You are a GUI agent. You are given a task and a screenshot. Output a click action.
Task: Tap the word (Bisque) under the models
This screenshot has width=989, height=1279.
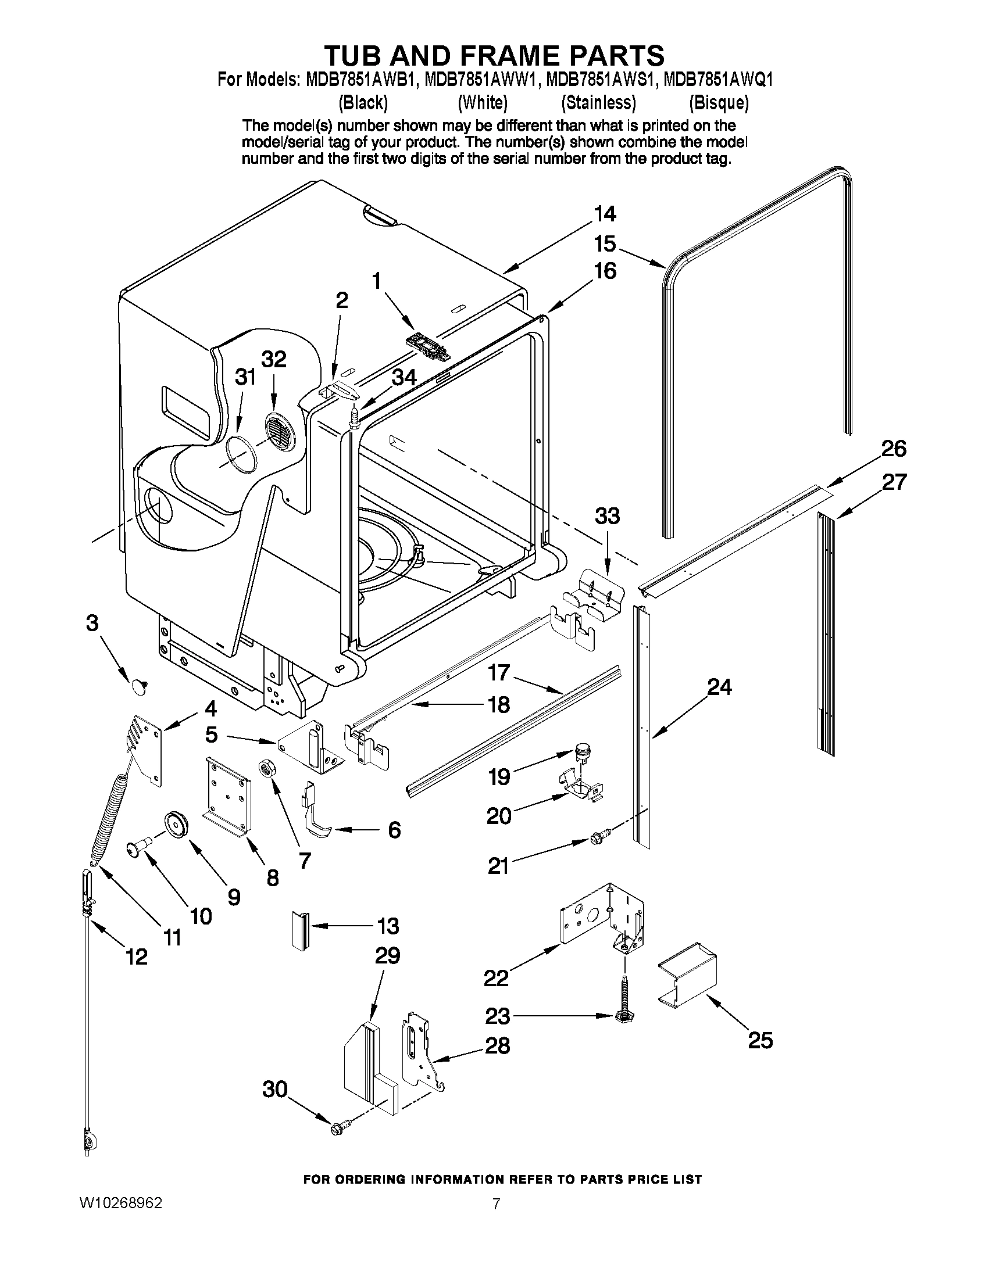718,103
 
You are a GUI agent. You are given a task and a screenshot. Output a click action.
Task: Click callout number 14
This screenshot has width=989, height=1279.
605,214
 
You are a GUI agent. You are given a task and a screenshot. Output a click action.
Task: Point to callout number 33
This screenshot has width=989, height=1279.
607,517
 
